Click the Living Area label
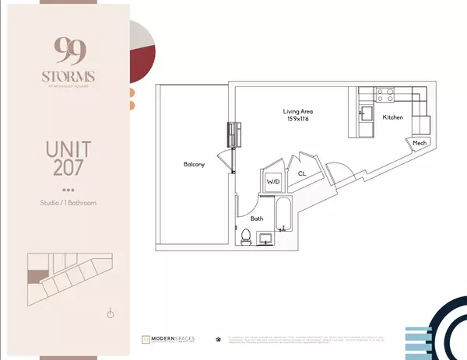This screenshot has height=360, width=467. click(x=297, y=111)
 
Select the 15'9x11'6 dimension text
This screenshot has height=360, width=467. click(x=297, y=120)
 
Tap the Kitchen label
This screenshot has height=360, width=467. click(x=393, y=117)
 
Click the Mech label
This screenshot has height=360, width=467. click(x=420, y=144)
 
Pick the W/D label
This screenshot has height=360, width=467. click(x=273, y=181)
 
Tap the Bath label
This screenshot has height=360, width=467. click(x=256, y=218)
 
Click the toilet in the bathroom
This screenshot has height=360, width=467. click(x=245, y=236)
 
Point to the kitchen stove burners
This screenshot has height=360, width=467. click(x=384, y=96)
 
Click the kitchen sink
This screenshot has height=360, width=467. click(x=365, y=117)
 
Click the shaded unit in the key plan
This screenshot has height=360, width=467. click(x=34, y=275)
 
